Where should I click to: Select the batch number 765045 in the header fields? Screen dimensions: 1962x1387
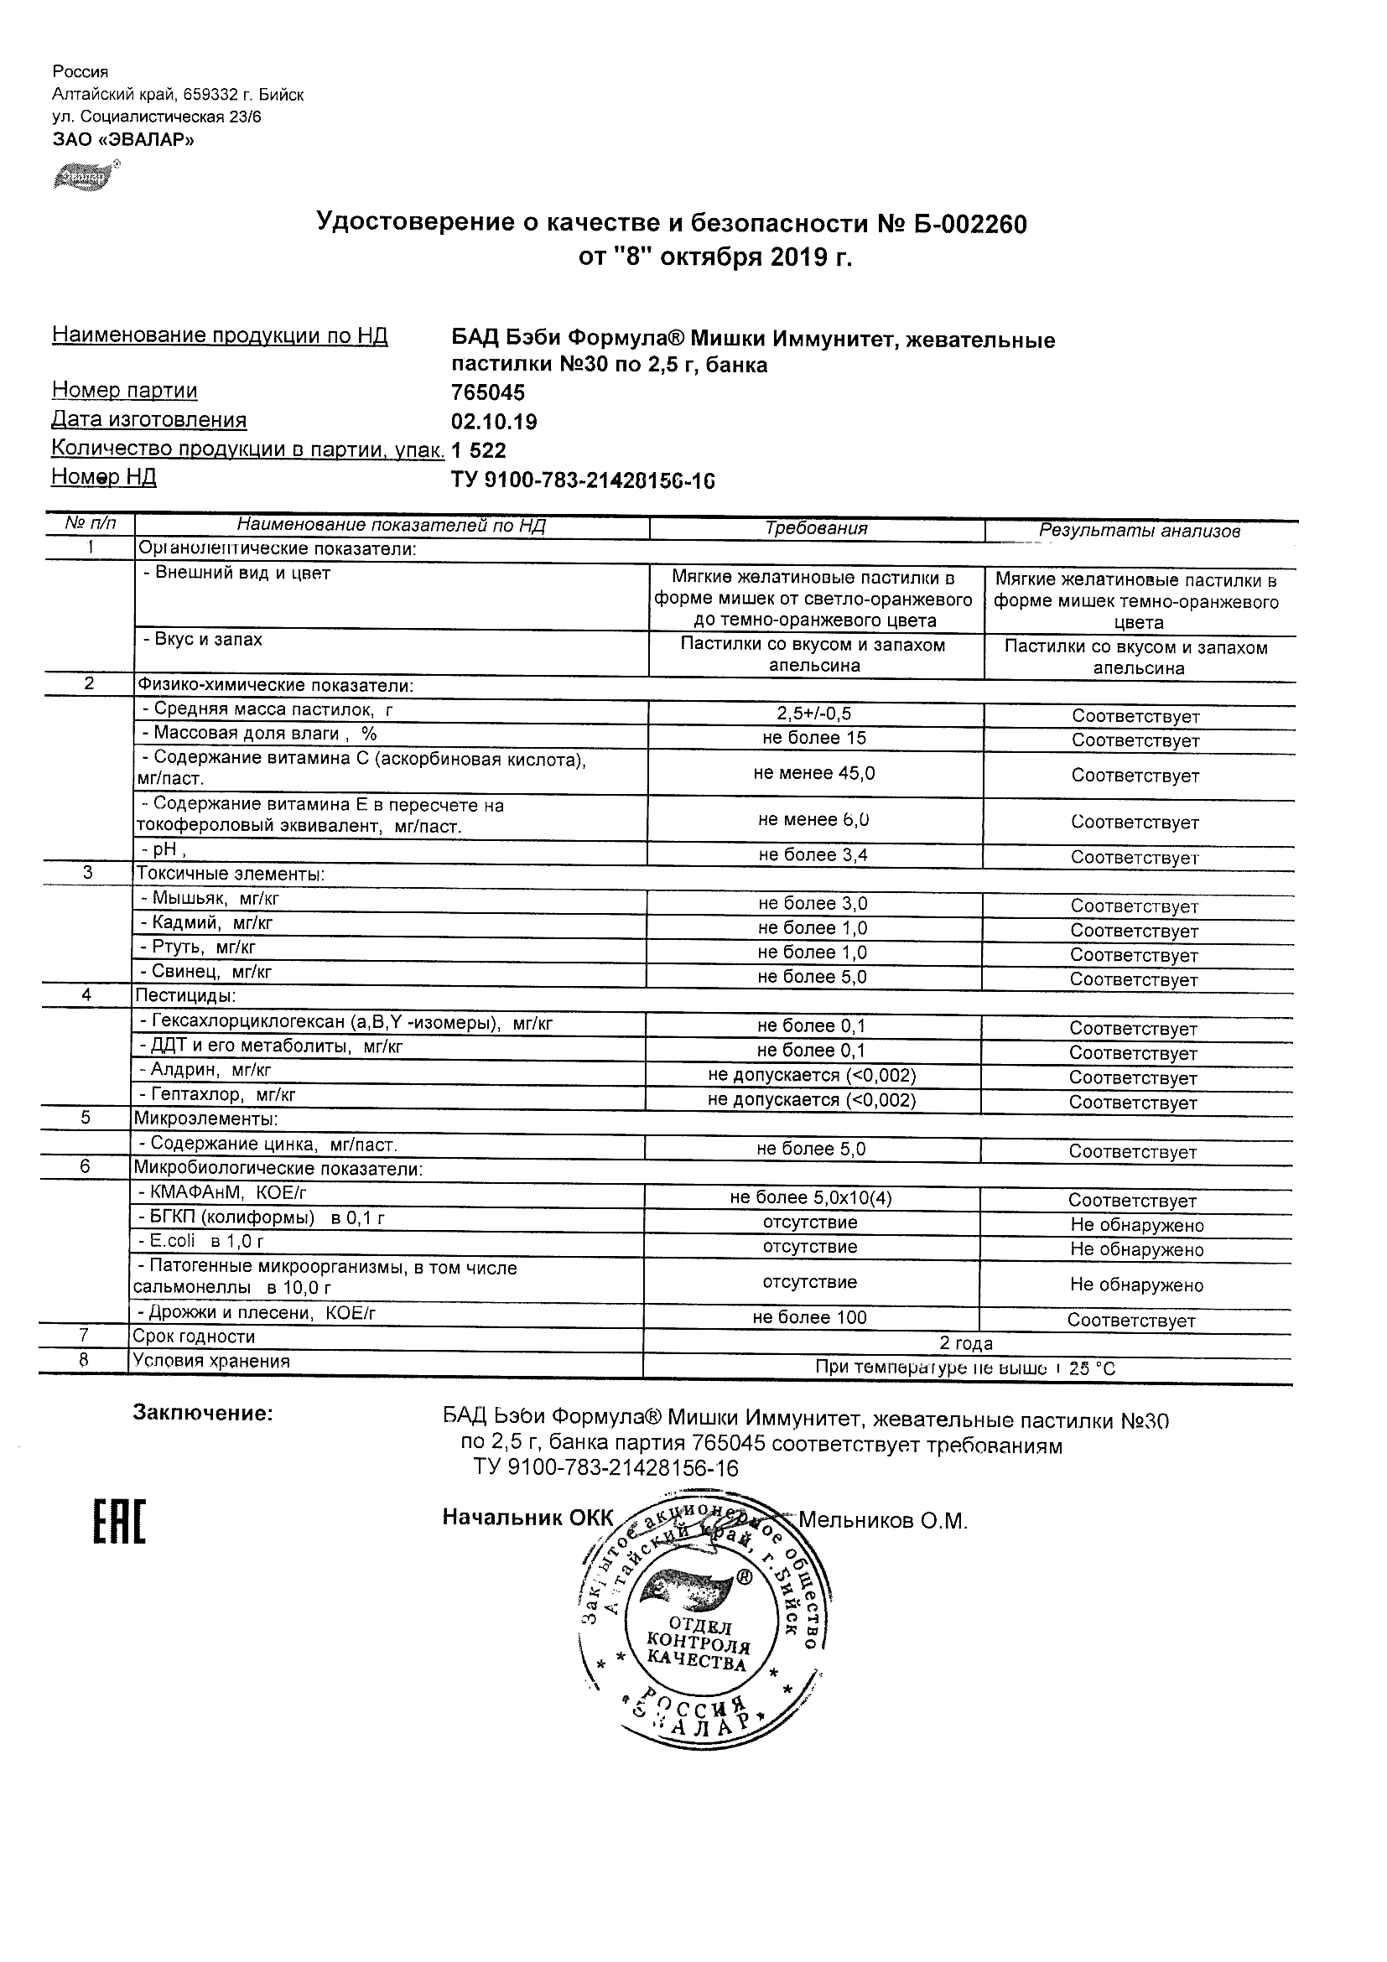click(488, 392)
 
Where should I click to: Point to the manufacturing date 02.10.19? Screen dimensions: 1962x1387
click(494, 421)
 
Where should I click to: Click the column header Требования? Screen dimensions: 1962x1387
click(816, 528)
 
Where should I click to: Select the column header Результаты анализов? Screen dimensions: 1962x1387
click(1139, 531)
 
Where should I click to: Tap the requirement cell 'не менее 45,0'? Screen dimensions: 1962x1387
click(813, 773)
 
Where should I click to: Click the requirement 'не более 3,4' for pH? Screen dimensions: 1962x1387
click(813, 854)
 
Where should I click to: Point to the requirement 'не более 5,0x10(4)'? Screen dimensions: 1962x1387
click(810, 1198)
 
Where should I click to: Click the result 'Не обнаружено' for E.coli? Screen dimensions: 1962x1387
click(1136, 1249)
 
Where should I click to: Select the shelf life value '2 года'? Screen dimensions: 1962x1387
click(966, 1343)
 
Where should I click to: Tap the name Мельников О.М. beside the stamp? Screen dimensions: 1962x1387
click(882, 1520)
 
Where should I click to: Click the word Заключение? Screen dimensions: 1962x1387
click(203, 1414)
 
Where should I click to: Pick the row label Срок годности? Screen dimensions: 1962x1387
click(194, 1337)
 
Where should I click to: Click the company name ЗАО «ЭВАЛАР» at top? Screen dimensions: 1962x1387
click(123, 140)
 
